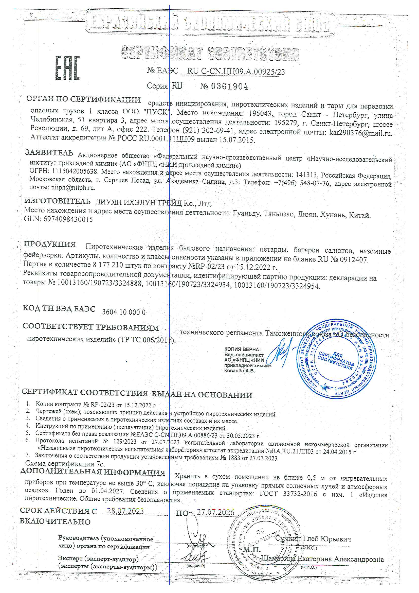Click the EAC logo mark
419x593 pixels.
point(67,68)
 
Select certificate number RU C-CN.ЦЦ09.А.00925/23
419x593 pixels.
point(236,72)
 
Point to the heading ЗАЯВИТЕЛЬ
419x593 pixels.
point(49,153)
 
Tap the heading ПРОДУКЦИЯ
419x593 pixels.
point(50,244)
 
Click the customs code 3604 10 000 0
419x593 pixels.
point(124,312)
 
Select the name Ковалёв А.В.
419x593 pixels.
point(239,371)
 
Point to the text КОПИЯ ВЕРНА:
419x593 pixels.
point(242,349)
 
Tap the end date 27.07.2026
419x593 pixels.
point(215,512)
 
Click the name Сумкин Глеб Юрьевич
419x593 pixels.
point(313,539)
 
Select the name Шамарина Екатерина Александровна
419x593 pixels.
point(322,559)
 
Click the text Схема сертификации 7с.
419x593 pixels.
point(65,464)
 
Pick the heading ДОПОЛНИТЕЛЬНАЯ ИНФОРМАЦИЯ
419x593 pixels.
point(93,472)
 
